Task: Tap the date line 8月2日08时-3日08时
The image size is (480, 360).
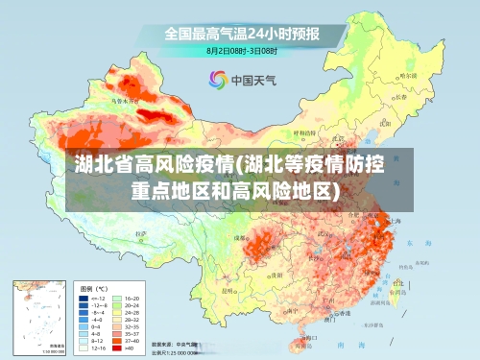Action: pyautogui.click(x=242, y=51)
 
